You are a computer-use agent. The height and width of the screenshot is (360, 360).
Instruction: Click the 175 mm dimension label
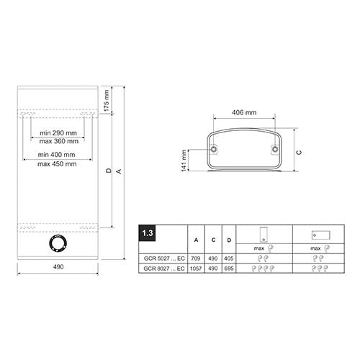pos(107,101)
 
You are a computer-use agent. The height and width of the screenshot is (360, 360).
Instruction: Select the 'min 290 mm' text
pos(58,133)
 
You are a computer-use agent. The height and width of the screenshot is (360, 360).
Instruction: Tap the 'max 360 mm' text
pos(59,141)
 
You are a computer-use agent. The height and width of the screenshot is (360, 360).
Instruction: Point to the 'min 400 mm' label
pos(56,155)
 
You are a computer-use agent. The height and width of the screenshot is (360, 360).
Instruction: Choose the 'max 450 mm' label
pos(57,164)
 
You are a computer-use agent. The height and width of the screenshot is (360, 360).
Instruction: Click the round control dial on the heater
pos(58,243)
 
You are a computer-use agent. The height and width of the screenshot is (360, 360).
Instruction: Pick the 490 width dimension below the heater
pos(58,266)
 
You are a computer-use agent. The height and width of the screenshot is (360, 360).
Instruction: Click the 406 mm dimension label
pos(244,112)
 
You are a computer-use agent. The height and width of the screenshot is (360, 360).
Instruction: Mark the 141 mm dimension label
pos(184,161)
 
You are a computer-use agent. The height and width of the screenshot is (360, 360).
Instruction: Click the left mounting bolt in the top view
pos(213,150)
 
